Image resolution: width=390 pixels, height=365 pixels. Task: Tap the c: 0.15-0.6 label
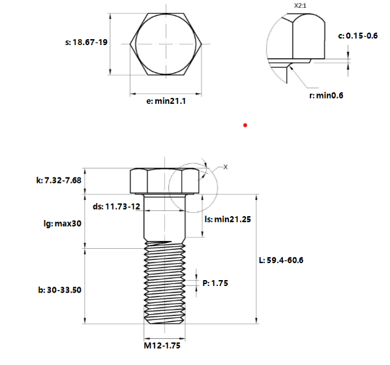click(x=357, y=35)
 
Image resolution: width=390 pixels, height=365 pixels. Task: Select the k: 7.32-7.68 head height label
click(x=59, y=180)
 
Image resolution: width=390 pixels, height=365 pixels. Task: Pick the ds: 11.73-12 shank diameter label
click(x=116, y=206)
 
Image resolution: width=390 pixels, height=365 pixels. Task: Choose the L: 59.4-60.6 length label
click(x=282, y=260)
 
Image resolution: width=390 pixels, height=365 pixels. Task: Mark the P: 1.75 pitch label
click(x=215, y=283)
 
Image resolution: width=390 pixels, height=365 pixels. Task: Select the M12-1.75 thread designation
click(x=162, y=345)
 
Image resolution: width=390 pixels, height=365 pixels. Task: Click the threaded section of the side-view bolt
click(x=162, y=284)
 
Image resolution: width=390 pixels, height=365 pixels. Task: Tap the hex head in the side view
click(x=162, y=180)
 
